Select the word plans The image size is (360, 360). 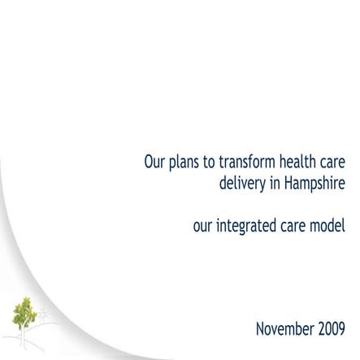tap(185, 161)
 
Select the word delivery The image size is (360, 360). tap(243, 184)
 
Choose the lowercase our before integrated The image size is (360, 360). tap(203, 225)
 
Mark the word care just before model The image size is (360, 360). tap(294, 225)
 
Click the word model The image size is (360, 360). tap(330, 225)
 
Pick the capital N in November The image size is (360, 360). tap(260, 330)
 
